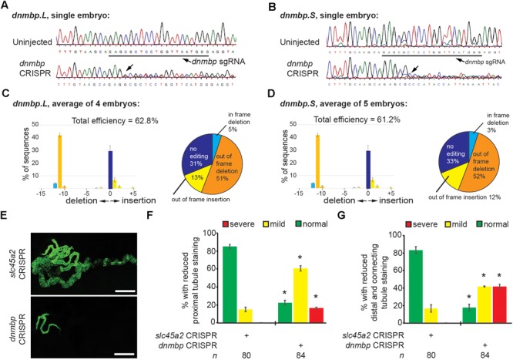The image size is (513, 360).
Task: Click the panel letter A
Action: pos(5,5)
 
